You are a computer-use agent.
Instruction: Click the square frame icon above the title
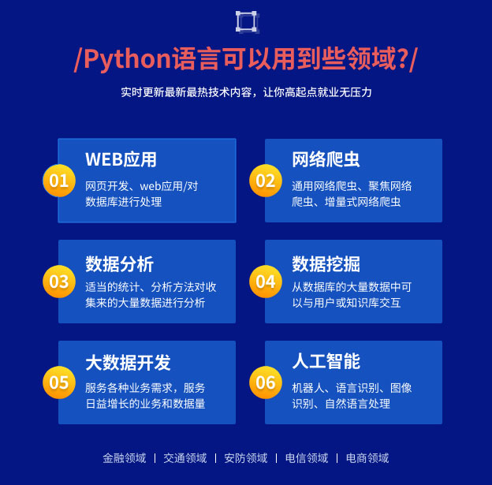[x=246, y=21]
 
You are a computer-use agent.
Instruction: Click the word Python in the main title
[x=127, y=59]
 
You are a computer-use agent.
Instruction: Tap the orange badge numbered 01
[x=59, y=181]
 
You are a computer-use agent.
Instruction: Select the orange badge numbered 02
[x=266, y=181]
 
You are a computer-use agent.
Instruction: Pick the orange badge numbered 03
[x=59, y=282]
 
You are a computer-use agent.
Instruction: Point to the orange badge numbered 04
[x=266, y=282]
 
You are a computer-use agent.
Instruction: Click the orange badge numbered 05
[x=59, y=382]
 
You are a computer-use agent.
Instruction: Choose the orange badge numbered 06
[x=266, y=382]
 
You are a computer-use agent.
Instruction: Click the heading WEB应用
[x=121, y=159]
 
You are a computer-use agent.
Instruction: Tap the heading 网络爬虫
[x=326, y=159]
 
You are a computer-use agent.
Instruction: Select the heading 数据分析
[x=119, y=263]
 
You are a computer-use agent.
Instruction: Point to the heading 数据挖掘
[x=326, y=263]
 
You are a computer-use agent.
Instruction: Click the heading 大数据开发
[x=128, y=363]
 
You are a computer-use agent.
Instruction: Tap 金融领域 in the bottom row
[x=124, y=458]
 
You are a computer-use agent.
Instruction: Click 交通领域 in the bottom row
[x=184, y=458]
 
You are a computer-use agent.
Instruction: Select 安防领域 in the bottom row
[x=245, y=458]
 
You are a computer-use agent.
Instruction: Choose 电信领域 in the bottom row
[x=306, y=458]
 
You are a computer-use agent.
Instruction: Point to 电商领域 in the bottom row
[x=367, y=458]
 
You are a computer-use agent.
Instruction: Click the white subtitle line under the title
[x=246, y=92]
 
